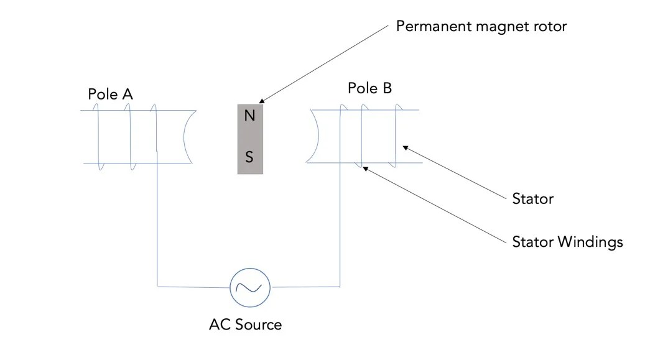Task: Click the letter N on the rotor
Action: tap(250, 116)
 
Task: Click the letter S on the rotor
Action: tap(249, 157)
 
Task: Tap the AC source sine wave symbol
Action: tap(249, 287)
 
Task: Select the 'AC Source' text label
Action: tap(245, 325)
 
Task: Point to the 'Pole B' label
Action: tap(369, 88)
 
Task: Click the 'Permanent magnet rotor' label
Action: tap(481, 27)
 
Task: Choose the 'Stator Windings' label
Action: tap(567, 242)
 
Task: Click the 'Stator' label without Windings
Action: tap(532, 199)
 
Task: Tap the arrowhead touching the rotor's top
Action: tap(262, 101)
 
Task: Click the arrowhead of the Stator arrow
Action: tap(406, 147)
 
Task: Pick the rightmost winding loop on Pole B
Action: tap(394, 137)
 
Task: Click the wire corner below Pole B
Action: tap(340, 287)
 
